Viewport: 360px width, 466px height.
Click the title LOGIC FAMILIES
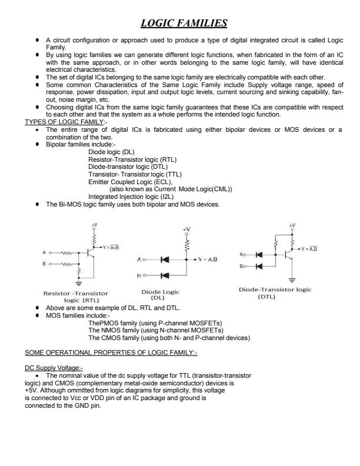(184, 24)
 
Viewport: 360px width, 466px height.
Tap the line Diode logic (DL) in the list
(111, 152)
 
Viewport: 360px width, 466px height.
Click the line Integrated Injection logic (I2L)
(135, 197)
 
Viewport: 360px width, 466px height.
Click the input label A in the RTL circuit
(44, 252)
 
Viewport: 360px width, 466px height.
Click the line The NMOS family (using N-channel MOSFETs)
(158, 331)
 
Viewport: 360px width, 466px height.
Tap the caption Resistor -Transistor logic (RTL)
(76, 296)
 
